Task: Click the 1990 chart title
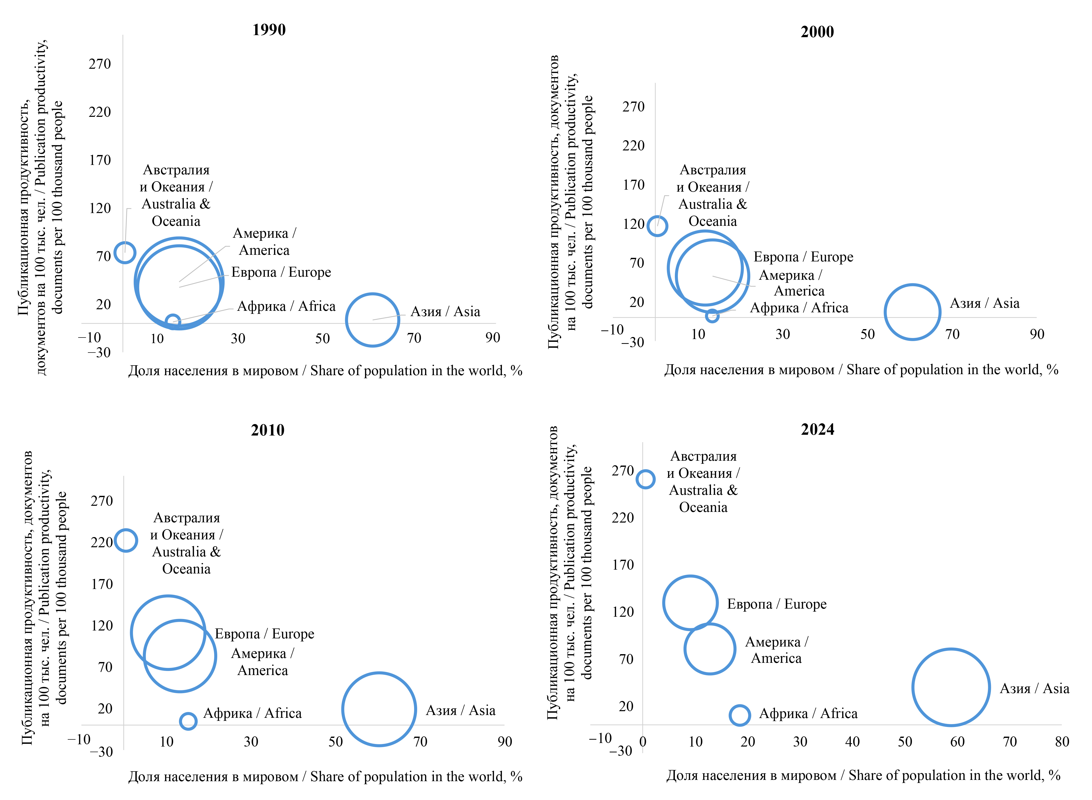click(x=269, y=30)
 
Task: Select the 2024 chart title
click(x=817, y=430)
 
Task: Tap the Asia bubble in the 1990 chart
click(x=372, y=320)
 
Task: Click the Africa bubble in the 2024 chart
click(x=739, y=715)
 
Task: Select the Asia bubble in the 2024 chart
click(x=951, y=687)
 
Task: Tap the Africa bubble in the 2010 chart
click(x=188, y=721)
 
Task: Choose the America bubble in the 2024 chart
click(x=710, y=649)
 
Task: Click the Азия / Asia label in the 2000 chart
click(x=985, y=304)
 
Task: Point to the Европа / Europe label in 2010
click(x=265, y=634)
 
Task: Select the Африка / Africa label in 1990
click(x=286, y=306)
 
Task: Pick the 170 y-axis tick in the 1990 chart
click(x=100, y=160)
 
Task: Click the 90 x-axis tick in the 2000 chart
click(x=1037, y=334)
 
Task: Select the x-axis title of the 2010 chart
click(x=325, y=777)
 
